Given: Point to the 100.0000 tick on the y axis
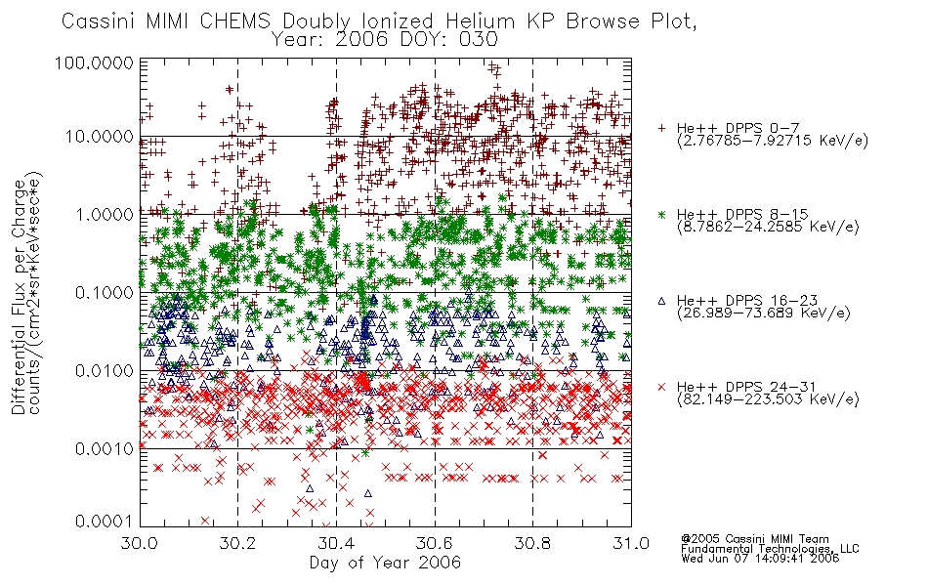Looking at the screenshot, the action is pyautogui.click(x=95, y=63).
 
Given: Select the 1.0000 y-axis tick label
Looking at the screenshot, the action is pyautogui.click(x=104, y=214).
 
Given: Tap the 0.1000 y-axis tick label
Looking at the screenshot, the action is pyautogui.click(x=104, y=292).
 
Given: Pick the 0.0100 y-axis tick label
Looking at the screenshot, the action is pyautogui.click(x=104, y=371).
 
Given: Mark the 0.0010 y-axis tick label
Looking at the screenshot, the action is pyautogui.click(x=104, y=448).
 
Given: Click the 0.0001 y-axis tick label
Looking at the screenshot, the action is pyautogui.click(x=104, y=522).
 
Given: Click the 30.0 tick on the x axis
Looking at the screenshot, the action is pyautogui.click(x=140, y=543).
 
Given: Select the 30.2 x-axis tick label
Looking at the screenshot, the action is pyautogui.click(x=237, y=543).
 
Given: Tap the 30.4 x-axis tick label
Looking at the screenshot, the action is pyautogui.click(x=336, y=543).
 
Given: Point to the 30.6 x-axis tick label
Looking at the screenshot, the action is pyautogui.click(x=435, y=543).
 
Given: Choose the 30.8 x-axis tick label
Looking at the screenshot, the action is pyautogui.click(x=532, y=543).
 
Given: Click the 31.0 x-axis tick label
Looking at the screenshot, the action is pyautogui.click(x=631, y=543).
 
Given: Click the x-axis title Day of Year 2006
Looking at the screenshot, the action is pyautogui.click(x=385, y=563).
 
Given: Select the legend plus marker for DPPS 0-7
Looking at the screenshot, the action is pyautogui.click(x=661, y=128).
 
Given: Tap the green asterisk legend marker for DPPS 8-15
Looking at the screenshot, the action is pyautogui.click(x=661, y=214).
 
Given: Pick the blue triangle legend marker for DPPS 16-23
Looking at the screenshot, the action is pyautogui.click(x=661, y=301).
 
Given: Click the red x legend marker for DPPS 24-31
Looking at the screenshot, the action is pyautogui.click(x=661, y=387).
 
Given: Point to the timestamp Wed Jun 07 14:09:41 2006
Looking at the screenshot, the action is pyautogui.click(x=760, y=559).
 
